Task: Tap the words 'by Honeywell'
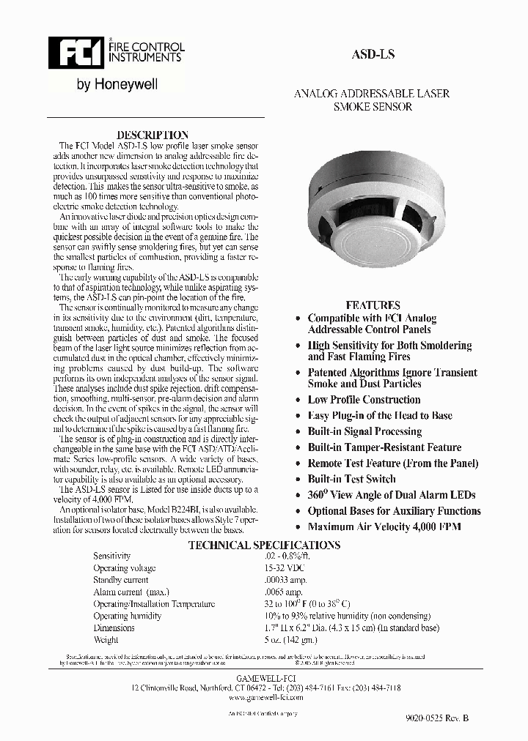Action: [117, 85]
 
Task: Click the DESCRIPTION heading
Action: [153, 135]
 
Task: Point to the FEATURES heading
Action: [373, 305]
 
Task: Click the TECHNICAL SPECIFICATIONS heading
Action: [264, 545]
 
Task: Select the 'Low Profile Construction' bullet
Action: [364, 400]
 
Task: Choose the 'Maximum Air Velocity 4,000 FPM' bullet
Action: [384, 526]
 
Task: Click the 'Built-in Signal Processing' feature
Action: [364, 431]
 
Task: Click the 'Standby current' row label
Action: [120, 580]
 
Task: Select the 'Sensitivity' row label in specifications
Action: [111, 556]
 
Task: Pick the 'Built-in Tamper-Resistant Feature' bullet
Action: [384, 447]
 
